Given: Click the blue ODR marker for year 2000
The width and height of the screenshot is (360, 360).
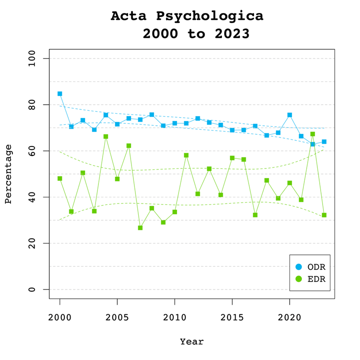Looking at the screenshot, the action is pos(60,94).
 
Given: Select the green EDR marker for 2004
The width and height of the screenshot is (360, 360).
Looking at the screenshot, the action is pos(106,137).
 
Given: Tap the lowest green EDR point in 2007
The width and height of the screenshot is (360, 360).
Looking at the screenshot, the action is pos(140,228).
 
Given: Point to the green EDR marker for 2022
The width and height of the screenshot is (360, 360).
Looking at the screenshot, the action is pos(312,134).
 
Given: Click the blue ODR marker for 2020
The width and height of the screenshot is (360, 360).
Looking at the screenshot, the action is pos(289,115).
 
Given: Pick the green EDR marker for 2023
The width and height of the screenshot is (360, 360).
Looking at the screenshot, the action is pos(324,215).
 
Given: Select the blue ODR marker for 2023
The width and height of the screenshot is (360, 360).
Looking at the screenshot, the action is pos(324,142).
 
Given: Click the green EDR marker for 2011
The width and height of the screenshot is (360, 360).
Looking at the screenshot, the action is pos(186,156).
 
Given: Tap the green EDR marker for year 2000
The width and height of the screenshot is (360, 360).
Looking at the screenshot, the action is pos(60,179).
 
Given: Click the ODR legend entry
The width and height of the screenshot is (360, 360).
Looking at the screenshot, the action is pos(311,267).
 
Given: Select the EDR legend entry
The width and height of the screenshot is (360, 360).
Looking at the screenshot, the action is pos(311,279).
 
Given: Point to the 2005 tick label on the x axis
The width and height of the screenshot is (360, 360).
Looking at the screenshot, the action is pos(117,318).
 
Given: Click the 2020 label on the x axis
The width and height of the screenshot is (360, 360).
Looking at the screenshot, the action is pos(289,318).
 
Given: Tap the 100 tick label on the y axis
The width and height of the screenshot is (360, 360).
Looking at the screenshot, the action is pos(32,59).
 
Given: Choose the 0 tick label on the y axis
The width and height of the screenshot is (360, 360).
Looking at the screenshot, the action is pos(32,289).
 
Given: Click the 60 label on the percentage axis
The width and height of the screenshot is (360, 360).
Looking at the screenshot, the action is pos(32,151).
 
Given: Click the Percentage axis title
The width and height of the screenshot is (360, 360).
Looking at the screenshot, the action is pos(8,174).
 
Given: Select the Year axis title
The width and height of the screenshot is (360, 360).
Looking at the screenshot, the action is pos(192,342).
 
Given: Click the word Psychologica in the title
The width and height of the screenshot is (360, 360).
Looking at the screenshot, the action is pos(210,16).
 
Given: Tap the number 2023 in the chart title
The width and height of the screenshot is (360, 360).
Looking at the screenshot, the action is pos(232,34).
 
